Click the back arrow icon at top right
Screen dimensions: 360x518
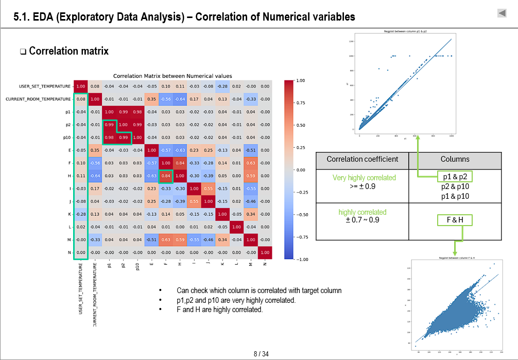[502, 13]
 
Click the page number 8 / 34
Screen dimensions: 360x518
[261, 354]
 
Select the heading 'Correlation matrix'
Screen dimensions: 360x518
[68, 51]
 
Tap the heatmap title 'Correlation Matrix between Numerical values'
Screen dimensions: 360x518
[172, 76]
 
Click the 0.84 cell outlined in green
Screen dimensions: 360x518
[166, 176]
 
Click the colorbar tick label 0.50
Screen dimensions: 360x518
[301, 125]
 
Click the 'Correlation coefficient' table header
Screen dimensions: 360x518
[362, 159]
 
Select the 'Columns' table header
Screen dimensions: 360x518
[455, 159]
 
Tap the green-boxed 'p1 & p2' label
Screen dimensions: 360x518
[455, 177]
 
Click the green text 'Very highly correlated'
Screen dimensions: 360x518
[364, 178]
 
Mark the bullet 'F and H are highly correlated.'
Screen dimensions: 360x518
[219, 310]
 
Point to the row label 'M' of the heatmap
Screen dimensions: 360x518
[68, 239]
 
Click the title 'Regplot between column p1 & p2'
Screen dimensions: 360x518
[405, 31]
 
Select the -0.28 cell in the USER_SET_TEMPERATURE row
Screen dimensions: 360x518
[222, 86]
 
